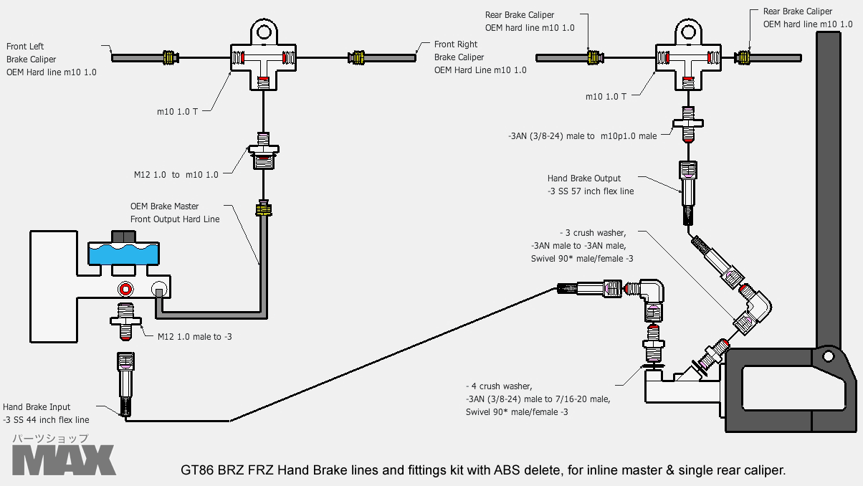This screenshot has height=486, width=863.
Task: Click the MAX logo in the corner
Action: point(63,459)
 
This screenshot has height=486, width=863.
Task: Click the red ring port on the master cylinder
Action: point(126,289)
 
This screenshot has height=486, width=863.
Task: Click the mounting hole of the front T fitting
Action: point(264,32)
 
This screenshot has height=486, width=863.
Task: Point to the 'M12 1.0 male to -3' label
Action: point(194,336)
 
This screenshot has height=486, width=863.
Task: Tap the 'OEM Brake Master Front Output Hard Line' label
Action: point(175,212)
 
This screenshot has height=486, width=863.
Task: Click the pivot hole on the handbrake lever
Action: point(828,356)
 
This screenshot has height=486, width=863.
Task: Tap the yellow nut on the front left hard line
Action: point(170,57)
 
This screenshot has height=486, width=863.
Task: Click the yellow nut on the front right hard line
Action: point(356,57)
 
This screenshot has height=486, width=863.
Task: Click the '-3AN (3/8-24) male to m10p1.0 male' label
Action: point(582,135)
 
